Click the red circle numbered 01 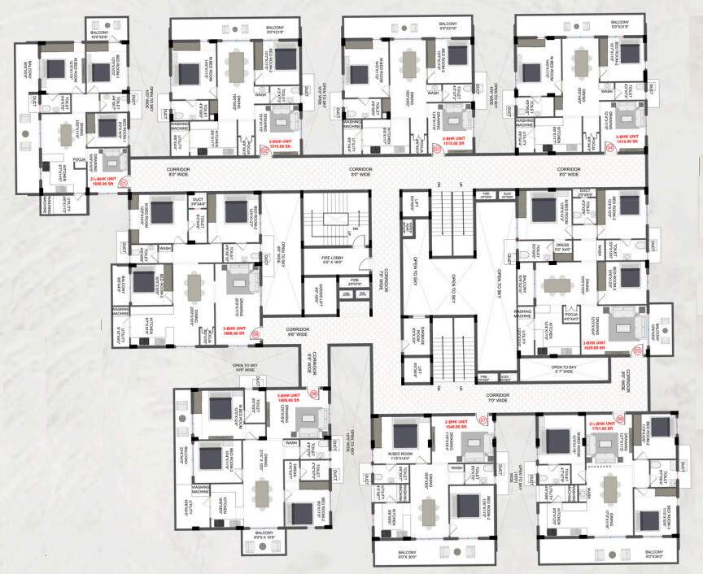(124, 184)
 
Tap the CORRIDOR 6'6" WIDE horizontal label (296, 332)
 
